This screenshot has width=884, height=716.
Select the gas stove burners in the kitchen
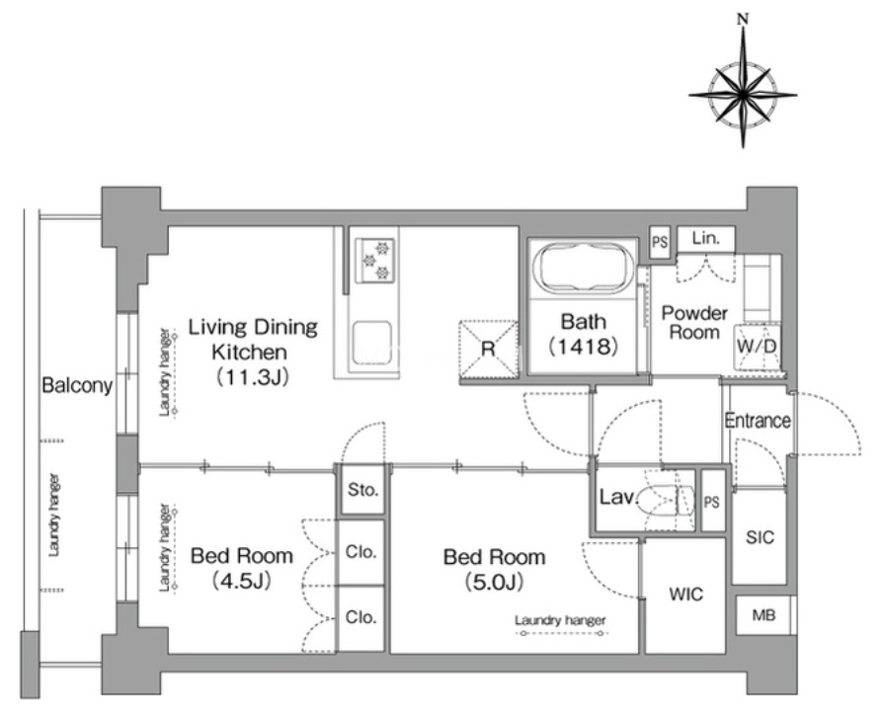point(374,260)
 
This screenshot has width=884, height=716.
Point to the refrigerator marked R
point(488,350)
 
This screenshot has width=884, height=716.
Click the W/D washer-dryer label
point(758,346)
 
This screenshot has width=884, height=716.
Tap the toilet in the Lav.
point(667,500)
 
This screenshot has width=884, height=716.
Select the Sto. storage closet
point(363,490)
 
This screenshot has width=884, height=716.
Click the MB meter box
point(763,615)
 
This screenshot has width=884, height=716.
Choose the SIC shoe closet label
point(760,537)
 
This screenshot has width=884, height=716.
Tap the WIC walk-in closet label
point(686,594)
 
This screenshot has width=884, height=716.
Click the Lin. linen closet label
point(706,238)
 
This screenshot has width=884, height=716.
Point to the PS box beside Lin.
point(660,242)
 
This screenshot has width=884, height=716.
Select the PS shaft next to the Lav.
point(711,501)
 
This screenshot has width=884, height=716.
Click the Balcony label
point(77,386)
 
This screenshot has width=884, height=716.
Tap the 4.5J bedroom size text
point(242,580)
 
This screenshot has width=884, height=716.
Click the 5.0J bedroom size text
point(495,581)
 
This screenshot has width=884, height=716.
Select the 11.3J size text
point(253,377)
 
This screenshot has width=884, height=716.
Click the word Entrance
point(758,421)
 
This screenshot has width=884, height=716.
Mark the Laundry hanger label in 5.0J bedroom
point(560,621)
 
